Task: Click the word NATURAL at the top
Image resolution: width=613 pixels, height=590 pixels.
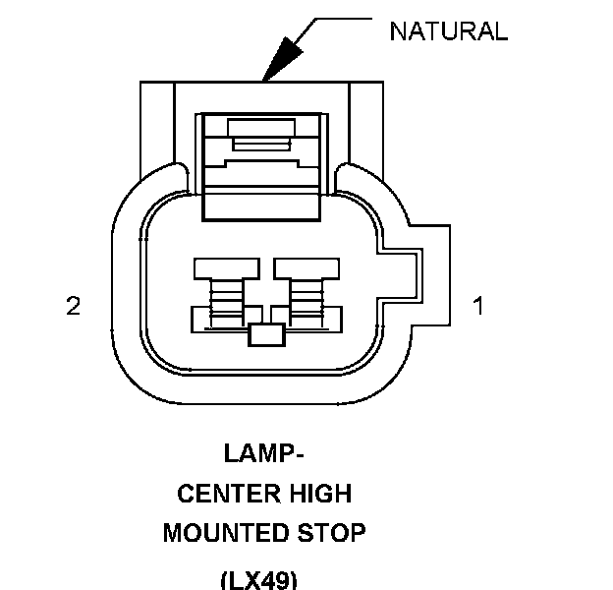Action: [x=448, y=31]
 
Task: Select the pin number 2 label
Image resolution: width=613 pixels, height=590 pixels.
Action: [x=73, y=307]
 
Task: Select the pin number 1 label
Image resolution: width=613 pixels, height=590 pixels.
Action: [x=478, y=307]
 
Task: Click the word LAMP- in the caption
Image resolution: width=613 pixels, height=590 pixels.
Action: [x=262, y=454]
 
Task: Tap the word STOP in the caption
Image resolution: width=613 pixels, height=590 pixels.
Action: [x=333, y=534]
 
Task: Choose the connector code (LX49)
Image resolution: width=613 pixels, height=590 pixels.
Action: [x=257, y=579]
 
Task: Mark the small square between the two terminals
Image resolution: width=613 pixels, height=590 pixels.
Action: [x=266, y=334]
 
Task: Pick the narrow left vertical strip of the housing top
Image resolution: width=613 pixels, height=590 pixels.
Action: [x=157, y=123]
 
